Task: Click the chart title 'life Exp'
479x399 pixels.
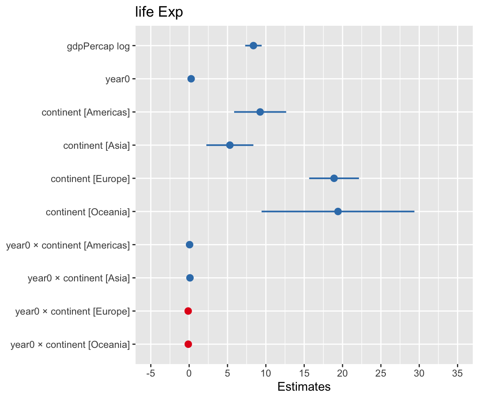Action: pos(159,12)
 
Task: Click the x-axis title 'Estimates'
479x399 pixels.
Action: pos(304,387)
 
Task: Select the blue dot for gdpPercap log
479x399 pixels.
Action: pos(253,46)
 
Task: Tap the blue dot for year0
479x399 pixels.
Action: pos(191,79)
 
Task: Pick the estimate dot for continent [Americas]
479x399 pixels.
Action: pos(260,112)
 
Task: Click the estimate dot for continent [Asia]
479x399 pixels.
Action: pos(230,145)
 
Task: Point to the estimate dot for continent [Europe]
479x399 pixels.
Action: pos(334,178)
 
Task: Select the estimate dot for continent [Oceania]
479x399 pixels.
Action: pos(338,212)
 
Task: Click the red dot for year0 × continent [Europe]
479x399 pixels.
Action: pos(188,311)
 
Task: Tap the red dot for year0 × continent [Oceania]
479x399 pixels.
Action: pos(188,344)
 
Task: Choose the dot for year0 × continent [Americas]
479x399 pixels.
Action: pos(190,245)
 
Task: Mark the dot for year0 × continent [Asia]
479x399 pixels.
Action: pos(190,278)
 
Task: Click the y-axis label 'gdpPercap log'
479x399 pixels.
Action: pos(99,46)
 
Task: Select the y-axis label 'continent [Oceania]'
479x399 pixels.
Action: pos(88,212)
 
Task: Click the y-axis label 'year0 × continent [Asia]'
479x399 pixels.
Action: pos(79,278)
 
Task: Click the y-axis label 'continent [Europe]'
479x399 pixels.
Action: pos(90,179)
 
